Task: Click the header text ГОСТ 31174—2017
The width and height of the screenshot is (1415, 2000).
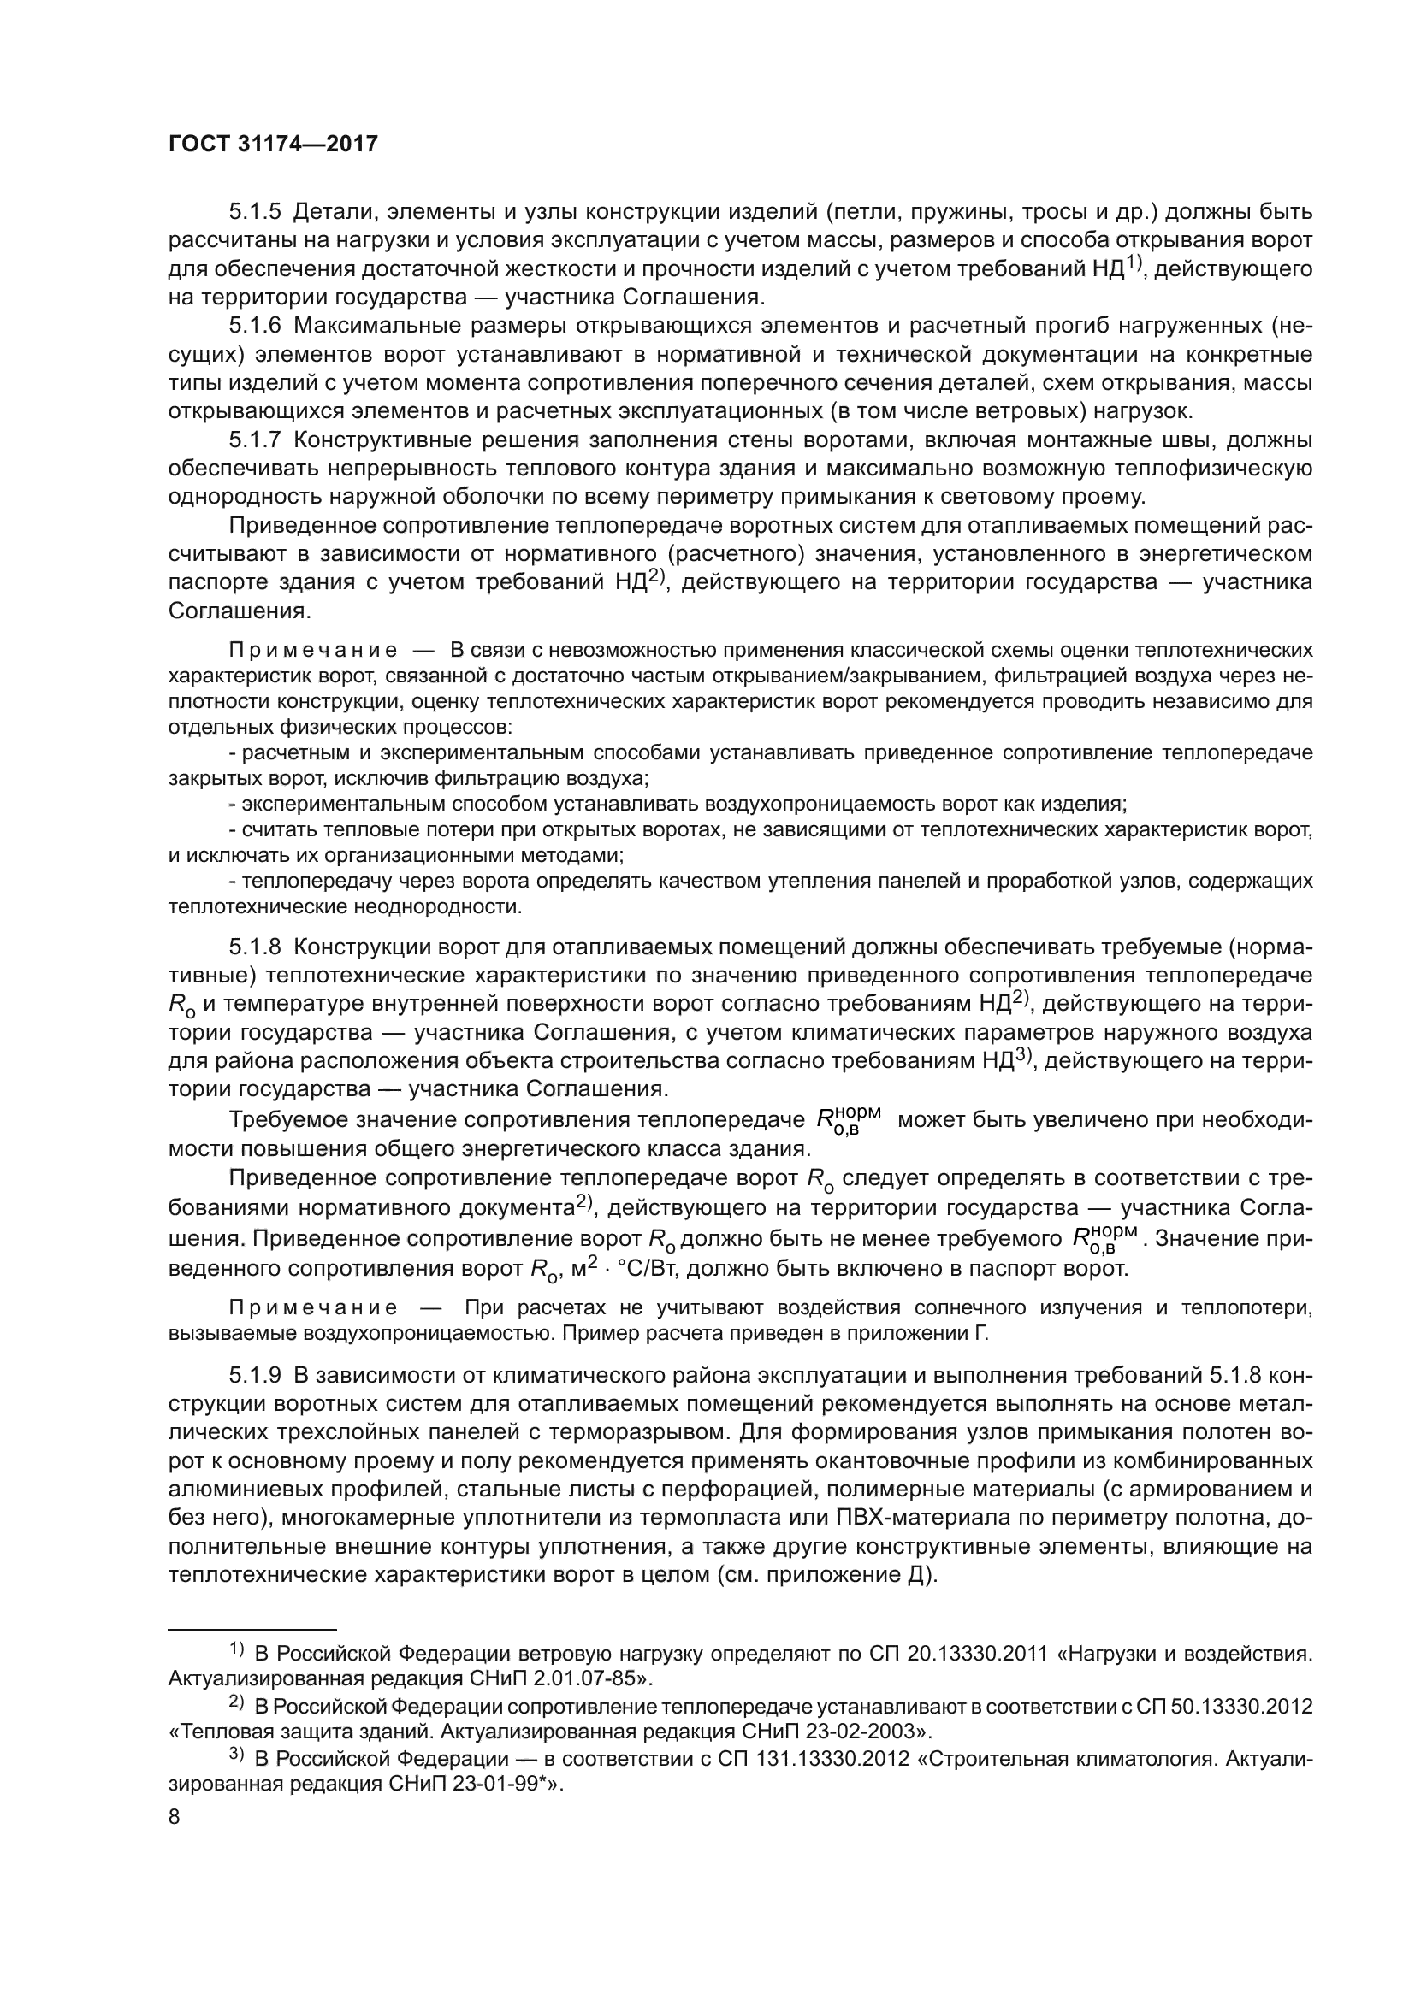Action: click(x=273, y=145)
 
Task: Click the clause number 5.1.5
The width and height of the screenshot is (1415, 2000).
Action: click(x=254, y=212)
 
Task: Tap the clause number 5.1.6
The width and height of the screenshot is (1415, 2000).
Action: click(x=254, y=326)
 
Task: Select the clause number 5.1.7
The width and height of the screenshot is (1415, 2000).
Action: click(x=254, y=440)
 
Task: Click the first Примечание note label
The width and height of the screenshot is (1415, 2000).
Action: click(x=313, y=651)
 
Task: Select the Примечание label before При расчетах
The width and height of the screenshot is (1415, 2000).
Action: click(x=313, y=1307)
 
